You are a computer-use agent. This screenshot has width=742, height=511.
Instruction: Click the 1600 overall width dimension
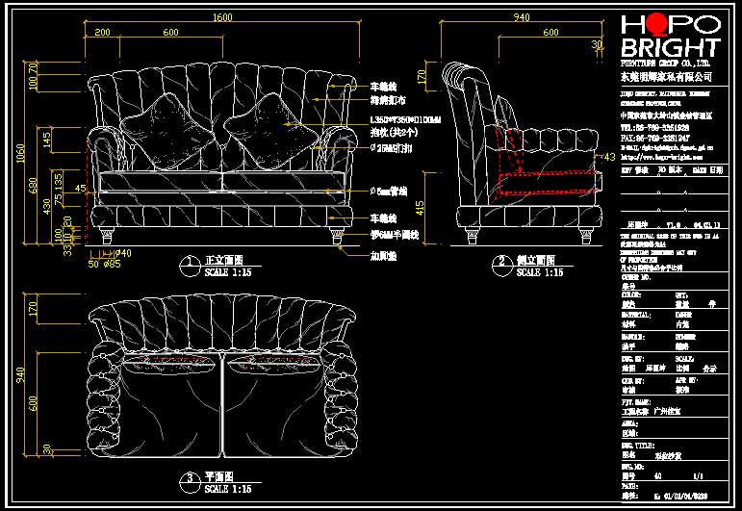pyautogui.click(x=222, y=17)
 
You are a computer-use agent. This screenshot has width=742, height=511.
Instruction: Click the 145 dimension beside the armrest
pyautogui.click(x=47, y=141)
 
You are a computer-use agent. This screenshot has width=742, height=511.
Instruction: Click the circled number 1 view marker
pyautogui.click(x=185, y=263)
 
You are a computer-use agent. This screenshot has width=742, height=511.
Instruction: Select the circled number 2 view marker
pyautogui.click(x=502, y=262)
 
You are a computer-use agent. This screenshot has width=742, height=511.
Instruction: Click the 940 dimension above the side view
pyautogui.click(x=521, y=17)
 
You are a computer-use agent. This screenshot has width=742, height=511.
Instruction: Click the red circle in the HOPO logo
pyautogui.click(x=662, y=25)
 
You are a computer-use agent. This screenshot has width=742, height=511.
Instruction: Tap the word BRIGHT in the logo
pyautogui.click(x=670, y=48)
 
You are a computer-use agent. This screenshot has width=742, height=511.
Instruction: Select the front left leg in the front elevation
pyautogui.click(x=105, y=233)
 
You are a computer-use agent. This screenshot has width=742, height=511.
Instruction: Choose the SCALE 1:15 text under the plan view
pyautogui.click(x=228, y=489)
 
